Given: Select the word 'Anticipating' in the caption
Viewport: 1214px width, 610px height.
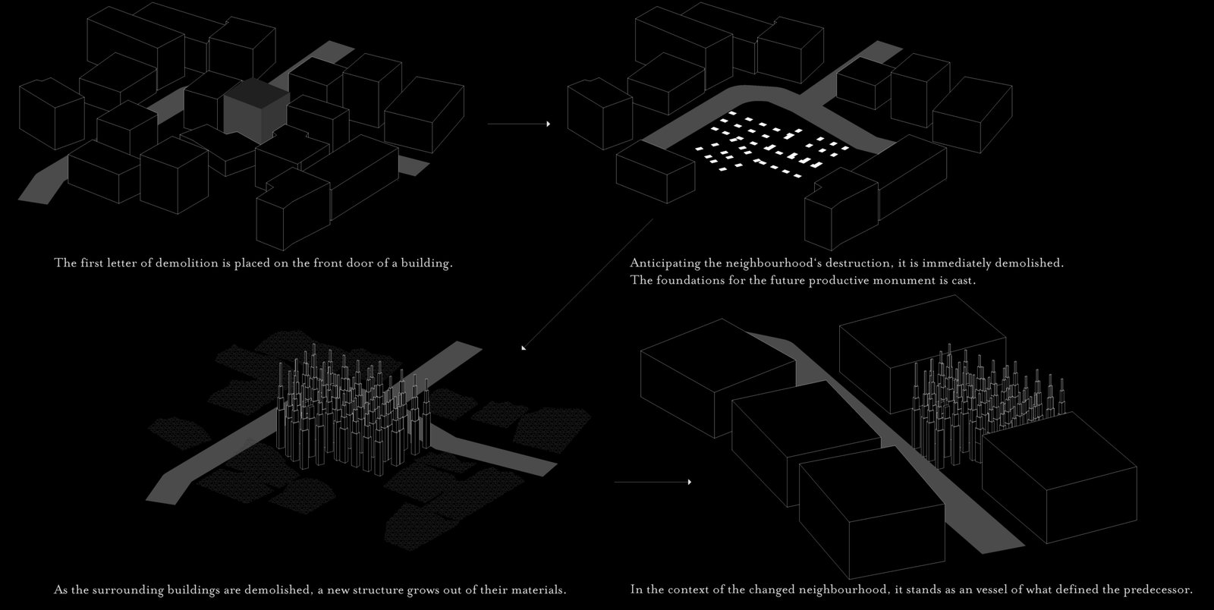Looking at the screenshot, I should pyautogui.click(x=664, y=264).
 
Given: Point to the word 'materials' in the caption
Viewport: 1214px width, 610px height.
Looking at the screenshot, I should pyautogui.click(x=536, y=590).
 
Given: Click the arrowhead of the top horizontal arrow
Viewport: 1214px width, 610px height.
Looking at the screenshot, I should pyautogui.click(x=548, y=124).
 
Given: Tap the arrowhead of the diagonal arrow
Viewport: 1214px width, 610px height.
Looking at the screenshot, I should pyautogui.click(x=524, y=347).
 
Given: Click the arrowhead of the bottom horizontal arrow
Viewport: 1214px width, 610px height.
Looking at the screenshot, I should pyautogui.click(x=689, y=482).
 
